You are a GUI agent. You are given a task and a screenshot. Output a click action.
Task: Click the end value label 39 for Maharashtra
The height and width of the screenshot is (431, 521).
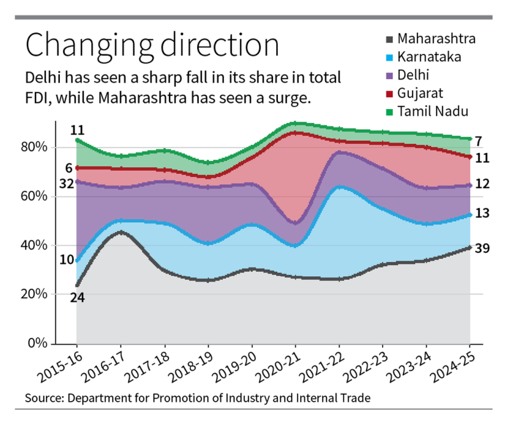(483, 248)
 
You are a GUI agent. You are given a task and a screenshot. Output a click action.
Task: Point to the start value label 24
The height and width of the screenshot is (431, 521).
(77, 297)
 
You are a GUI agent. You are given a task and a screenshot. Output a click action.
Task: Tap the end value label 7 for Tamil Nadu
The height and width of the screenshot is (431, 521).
(479, 141)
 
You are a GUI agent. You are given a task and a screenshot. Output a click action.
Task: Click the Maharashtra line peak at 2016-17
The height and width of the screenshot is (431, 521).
(121, 232)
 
